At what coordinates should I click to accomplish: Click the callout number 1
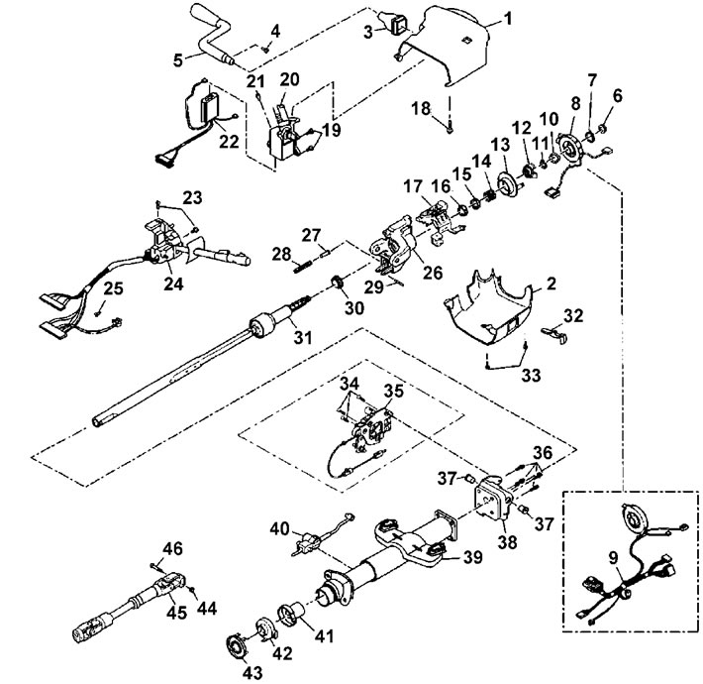(x=507, y=19)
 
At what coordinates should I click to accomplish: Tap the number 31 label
(x=302, y=337)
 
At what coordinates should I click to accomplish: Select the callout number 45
(x=176, y=613)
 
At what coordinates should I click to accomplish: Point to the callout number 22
(x=229, y=141)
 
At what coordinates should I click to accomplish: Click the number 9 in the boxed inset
(x=613, y=557)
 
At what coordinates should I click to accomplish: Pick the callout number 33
(x=531, y=375)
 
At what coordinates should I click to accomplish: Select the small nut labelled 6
(x=603, y=129)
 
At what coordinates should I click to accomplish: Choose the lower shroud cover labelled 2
(x=489, y=308)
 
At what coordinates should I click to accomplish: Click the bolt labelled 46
(x=155, y=567)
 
